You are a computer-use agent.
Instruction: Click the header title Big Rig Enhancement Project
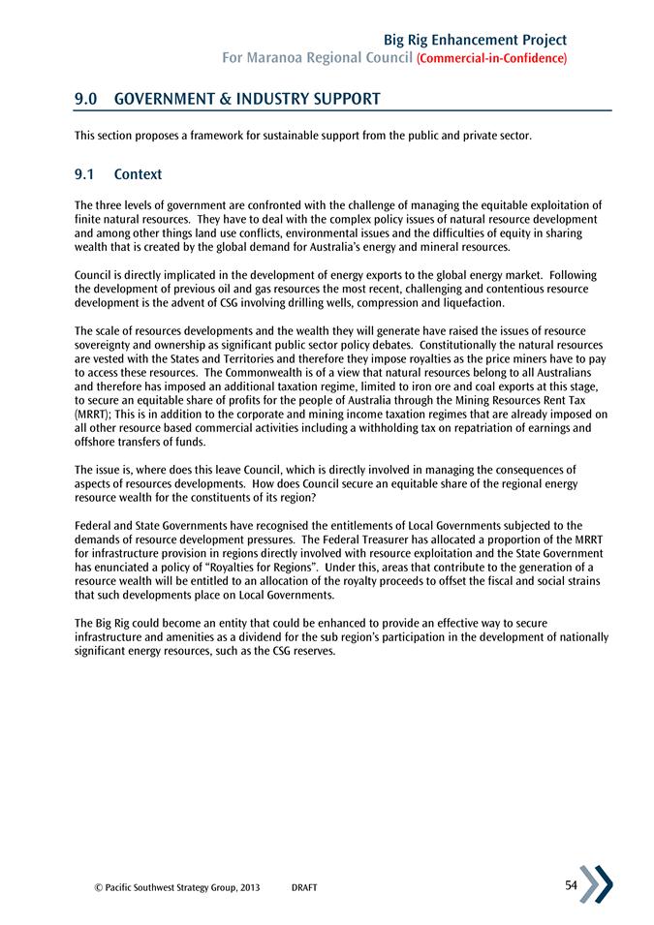475,40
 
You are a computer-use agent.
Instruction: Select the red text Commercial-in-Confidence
491,59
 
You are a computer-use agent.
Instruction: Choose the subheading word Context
138,175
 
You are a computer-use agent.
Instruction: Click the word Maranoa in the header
290,59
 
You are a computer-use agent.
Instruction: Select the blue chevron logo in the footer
596,884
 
